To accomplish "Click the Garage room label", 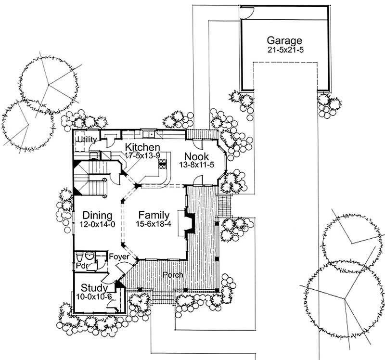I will [x=285, y=40].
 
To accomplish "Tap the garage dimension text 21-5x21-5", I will [x=285, y=50].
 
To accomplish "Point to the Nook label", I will [x=197, y=157].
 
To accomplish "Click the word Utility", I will [x=86, y=140].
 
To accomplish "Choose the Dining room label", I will [x=97, y=215].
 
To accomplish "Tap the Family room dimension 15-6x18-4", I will [x=154, y=224].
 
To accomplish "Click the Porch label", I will [x=172, y=275].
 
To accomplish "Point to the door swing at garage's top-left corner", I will [x=246, y=13].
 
